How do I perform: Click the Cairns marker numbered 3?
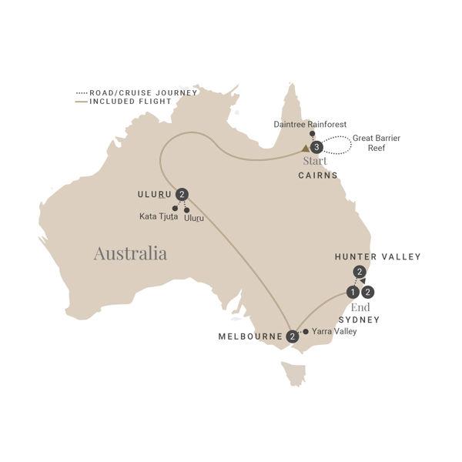click(x=315, y=148)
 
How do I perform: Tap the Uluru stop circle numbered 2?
click(x=182, y=194)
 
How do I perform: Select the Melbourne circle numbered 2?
click(x=293, y=336)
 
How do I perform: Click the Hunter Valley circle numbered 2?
click(x=358, y=272)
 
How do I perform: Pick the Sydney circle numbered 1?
click(x=352, y=292)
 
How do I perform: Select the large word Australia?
click(x=130, y=253)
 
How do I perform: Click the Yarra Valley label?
click(x=335, y=332)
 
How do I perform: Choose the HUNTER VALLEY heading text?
click(x=378, y=256)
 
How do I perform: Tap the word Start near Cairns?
click(x=314, y=161)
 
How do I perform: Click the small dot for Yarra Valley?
click(x=306, y=332)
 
